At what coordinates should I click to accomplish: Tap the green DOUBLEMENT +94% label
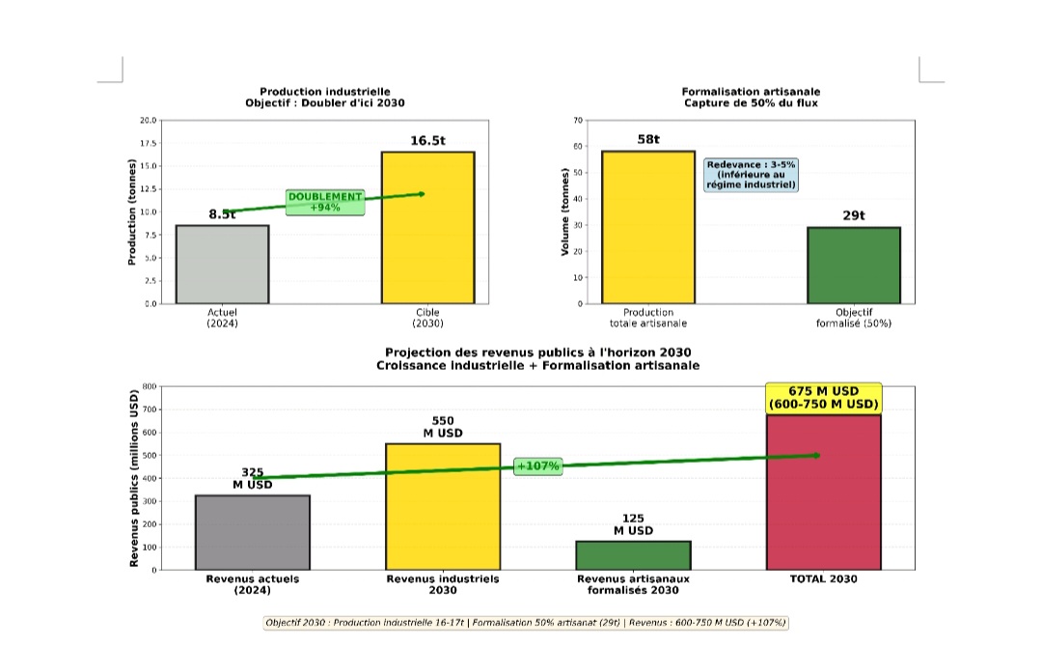tap(325, 201)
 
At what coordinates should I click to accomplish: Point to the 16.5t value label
tap(428, 141)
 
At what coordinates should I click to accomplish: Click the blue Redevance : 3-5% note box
tap(752, 175)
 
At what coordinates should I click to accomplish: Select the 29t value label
tap(854, 215)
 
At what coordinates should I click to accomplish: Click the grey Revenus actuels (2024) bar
tap(252, 532)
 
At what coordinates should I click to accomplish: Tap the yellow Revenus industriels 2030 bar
tap(443, 506)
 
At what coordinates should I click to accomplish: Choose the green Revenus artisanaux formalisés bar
tap(633, 555)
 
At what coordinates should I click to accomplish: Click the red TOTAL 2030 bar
tap(824, 492)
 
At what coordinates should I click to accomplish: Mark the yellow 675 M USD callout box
tap(824, 398)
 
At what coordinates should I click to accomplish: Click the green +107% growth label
tap(538, 466)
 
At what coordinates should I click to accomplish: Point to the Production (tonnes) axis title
tap(131, 211)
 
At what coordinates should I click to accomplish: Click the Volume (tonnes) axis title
tap(564, 211)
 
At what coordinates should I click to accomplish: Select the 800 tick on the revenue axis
tap(149, 386)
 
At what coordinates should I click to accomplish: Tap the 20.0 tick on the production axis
tap(149, 121)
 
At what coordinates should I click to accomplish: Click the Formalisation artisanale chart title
tap(752, 97)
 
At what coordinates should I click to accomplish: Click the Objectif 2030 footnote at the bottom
tap(527, 623)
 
